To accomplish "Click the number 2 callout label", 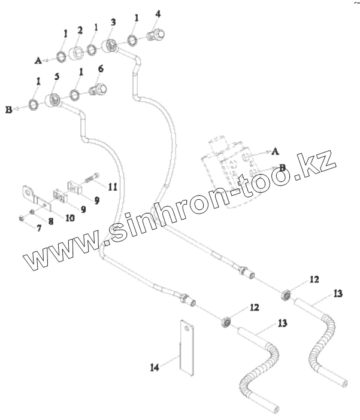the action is tap(79, 30).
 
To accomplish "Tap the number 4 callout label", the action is tap(158, 13).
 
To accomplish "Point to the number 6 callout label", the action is tap(100, 69).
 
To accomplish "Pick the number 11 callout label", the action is tap(113, 187).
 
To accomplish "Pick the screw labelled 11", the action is tap(92, 178).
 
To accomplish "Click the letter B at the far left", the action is tap(9, 110).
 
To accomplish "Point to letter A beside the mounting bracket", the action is tap(276, 151).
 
